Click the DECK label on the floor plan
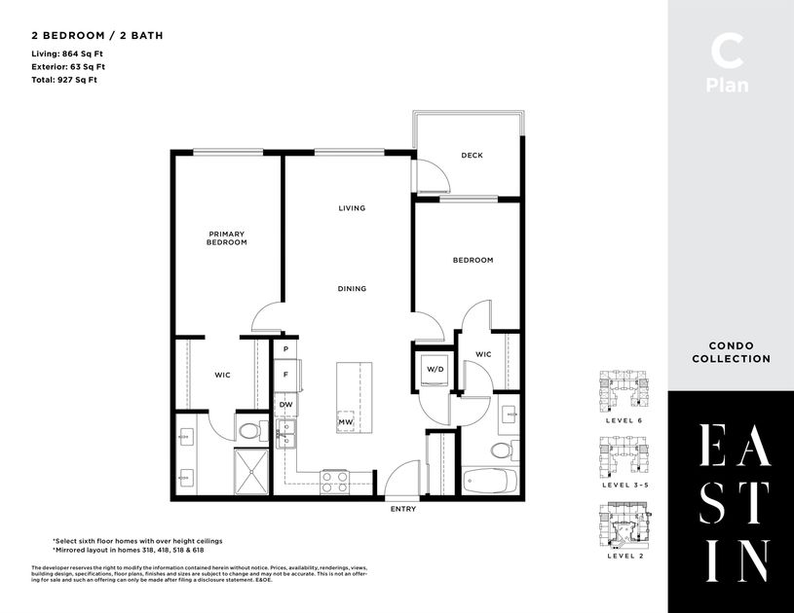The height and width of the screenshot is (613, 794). (472, 156)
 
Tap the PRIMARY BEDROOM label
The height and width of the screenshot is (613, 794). (226, 238)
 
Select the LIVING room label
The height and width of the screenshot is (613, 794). (352, 208)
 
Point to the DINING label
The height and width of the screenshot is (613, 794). (352, 288)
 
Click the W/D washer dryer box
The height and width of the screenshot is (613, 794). (435, 370)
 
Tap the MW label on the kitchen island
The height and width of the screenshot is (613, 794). (345, 422)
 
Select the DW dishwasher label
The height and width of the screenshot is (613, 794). (286, 405)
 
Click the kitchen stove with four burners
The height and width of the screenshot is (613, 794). (335, 479)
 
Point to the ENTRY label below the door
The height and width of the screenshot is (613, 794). (403, 509)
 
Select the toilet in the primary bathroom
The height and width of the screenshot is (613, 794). (249, 429)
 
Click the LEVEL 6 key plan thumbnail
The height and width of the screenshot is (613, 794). (624, 391)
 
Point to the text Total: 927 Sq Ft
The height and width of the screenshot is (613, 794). (65, 80)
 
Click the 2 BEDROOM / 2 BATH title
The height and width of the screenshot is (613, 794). (96, 35)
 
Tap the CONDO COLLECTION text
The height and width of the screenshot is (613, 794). (731, 352)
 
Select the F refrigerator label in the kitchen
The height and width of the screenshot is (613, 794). (286, 374)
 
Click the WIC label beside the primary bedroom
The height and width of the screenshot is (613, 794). (222, 374)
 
